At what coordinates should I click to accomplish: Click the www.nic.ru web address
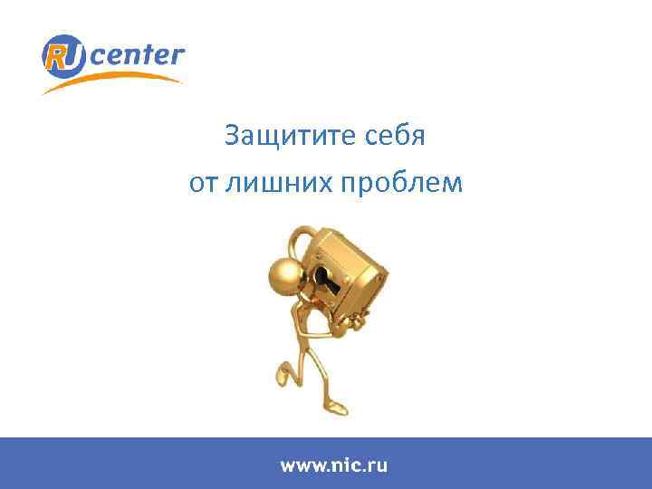333,465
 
